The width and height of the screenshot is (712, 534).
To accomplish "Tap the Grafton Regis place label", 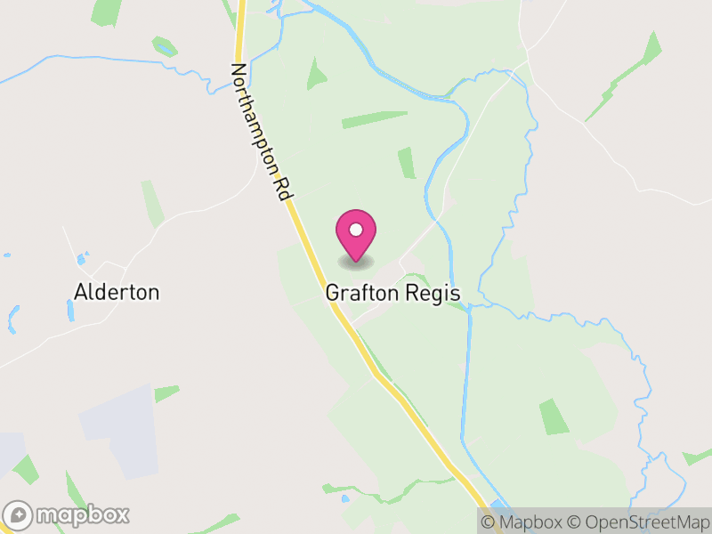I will pos(392,292).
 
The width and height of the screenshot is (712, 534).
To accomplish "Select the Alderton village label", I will pos(117,292).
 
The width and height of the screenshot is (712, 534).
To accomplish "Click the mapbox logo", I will pos(67,514).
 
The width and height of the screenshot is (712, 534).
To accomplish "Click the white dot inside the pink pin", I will pos(356,230).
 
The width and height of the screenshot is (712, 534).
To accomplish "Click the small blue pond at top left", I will pos(164,45).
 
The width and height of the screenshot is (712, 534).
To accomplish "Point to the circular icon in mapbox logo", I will pos(20,514).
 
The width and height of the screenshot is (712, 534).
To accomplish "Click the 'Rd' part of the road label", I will pos(287,190).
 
